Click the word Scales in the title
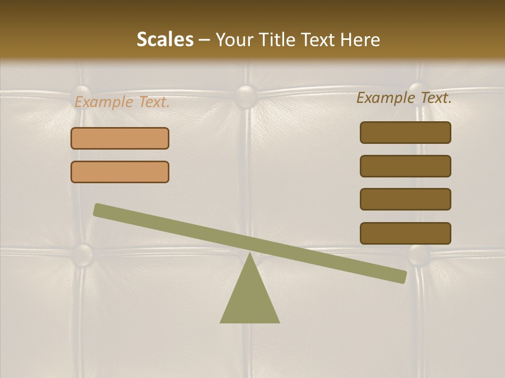click(x=165, y=39)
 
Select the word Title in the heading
click(x=278, y=39)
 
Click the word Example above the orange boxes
click(x=104, y=102)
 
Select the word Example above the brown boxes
click(x=386, y=98)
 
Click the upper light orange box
click(x=120, y=138)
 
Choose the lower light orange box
click(x=120, y=172)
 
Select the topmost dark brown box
click(x=405, y=132)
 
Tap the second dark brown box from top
click(x=405, y=166)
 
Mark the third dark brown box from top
click(x=405, y=199)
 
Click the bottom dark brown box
click(x=405, y=233)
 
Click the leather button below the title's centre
click(x=246, y=96)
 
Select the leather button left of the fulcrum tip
click(x=82, y=255)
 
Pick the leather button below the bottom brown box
click(x=419, y=255)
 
